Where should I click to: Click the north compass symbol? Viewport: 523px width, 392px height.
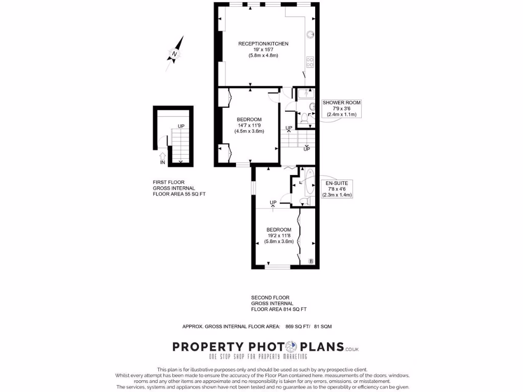pyautogui.click(x=175, y=53)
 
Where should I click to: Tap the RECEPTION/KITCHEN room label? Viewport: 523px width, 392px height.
pyautogui.click(x=263, y=44)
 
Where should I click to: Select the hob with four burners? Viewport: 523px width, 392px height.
pyautogui.click(x=310, y=62)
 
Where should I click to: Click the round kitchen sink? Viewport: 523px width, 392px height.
pyautogui.click(x=310, y=35)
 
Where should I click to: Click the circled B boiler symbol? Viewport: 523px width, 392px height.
pyautogui.click(x=311, y=261)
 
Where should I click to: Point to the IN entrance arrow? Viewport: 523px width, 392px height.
pyautogui.click(x=163, y=158)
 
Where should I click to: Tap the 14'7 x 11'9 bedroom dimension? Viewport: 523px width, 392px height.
pyautogui.click(x=249, y=126)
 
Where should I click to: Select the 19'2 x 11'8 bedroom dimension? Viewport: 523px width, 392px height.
pyautogui.click(x=278, y=236)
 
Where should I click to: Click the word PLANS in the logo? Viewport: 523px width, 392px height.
pyautogui.click(x=321, y=347)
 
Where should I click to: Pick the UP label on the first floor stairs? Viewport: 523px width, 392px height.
pyautogui.click(x=181, y=126)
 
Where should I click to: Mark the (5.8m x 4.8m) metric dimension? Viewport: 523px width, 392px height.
pyautogui.click(x=263, y=55)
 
